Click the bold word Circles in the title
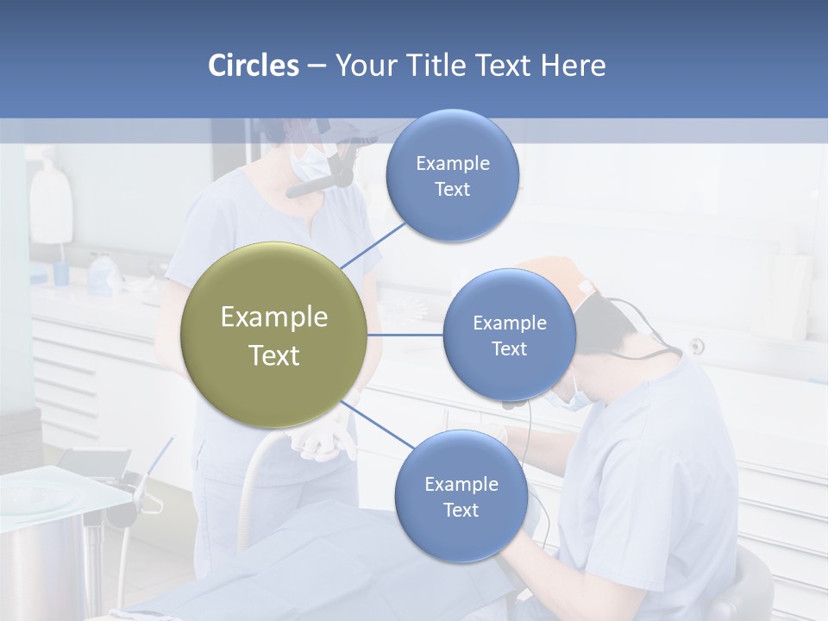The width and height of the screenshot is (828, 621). coord(253,66)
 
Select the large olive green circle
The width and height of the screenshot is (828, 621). coord(273,335)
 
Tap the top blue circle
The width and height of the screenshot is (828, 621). coord(452,175)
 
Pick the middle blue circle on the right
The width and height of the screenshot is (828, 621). coord(509,335)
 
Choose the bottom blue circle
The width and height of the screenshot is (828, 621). coord(461,496)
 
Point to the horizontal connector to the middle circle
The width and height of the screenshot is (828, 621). coord(405,335)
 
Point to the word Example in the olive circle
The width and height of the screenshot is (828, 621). coord(273,317)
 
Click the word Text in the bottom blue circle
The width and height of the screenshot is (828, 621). coord(461,510)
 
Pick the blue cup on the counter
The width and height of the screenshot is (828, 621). coord(61,273)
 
